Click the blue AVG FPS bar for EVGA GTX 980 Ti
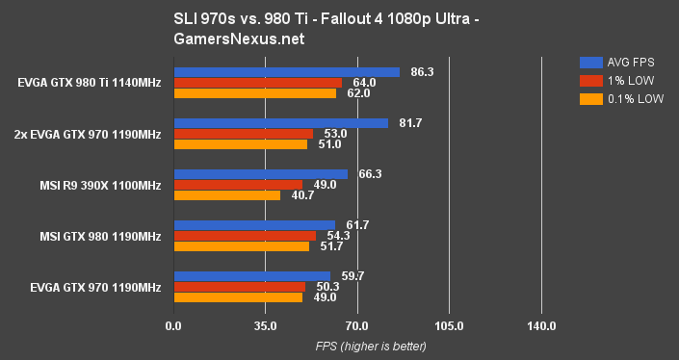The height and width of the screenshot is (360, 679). pyautogui.click(x=286, y=72)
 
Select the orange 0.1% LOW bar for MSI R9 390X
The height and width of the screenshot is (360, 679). pyautogui.click(x=226, y=195)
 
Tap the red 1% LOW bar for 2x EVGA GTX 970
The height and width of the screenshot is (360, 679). pyautogui.click(x=243, y=134)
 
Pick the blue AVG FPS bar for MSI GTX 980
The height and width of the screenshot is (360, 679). pyautogui.click(x=254, y=225)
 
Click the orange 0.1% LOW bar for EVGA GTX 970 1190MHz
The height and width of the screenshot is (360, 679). pyautogui.click(x=238, y=297)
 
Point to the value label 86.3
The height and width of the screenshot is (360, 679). pyautogui.click(x=416, y=72)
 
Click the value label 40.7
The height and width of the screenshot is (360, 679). pyautogui.click(x=297, y=195)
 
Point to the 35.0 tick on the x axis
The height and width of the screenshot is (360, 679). pyautogui.click(x=265, y=327)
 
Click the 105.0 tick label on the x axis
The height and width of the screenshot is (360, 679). pyautogui.click(x=449, y=327)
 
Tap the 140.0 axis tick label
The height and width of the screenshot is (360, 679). pyautogui.click(x=541, y=327)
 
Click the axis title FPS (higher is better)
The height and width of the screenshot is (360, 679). pyautogui.click(x=357, y=347)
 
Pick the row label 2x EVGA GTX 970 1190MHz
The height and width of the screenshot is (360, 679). pyautogui.click(x=89, y=134)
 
